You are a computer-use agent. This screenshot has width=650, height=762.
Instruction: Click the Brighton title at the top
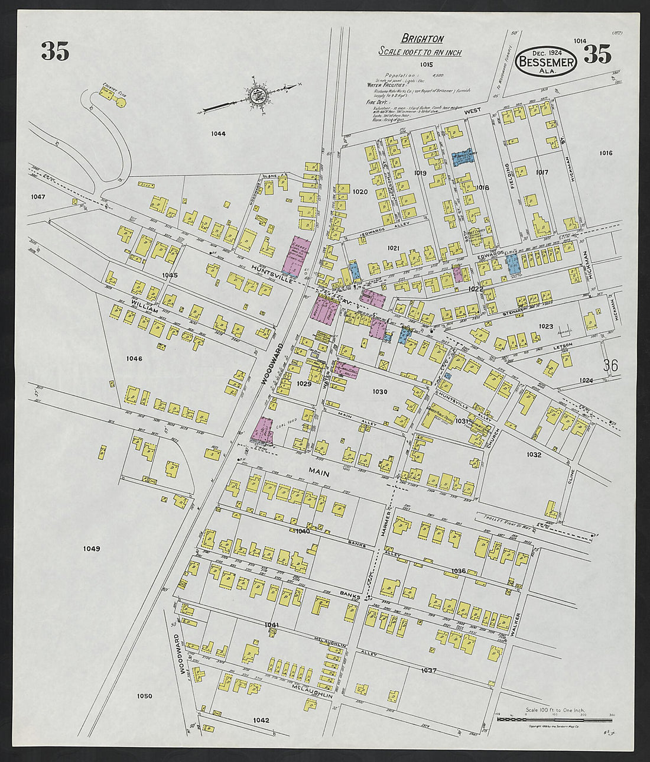(422, 39)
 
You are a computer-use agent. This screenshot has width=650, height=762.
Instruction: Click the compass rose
(258, 95)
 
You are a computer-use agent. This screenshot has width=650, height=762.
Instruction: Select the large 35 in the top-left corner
(55, 52)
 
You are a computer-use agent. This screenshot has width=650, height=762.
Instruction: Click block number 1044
(218, 134)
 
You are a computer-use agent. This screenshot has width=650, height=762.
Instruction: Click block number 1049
(92, 549)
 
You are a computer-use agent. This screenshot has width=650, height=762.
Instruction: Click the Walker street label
(518, 623)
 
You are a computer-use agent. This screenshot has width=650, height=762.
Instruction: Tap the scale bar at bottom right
(554, 719)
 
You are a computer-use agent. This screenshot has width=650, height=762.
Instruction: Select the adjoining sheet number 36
(610, 366)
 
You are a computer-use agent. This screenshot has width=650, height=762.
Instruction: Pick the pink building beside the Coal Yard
(262, 430)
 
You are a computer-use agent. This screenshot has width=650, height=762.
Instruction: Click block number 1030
(380, 391)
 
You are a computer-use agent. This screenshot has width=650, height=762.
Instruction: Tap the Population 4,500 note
(414, 76)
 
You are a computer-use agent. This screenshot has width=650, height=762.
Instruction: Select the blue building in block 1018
(464, 157)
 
